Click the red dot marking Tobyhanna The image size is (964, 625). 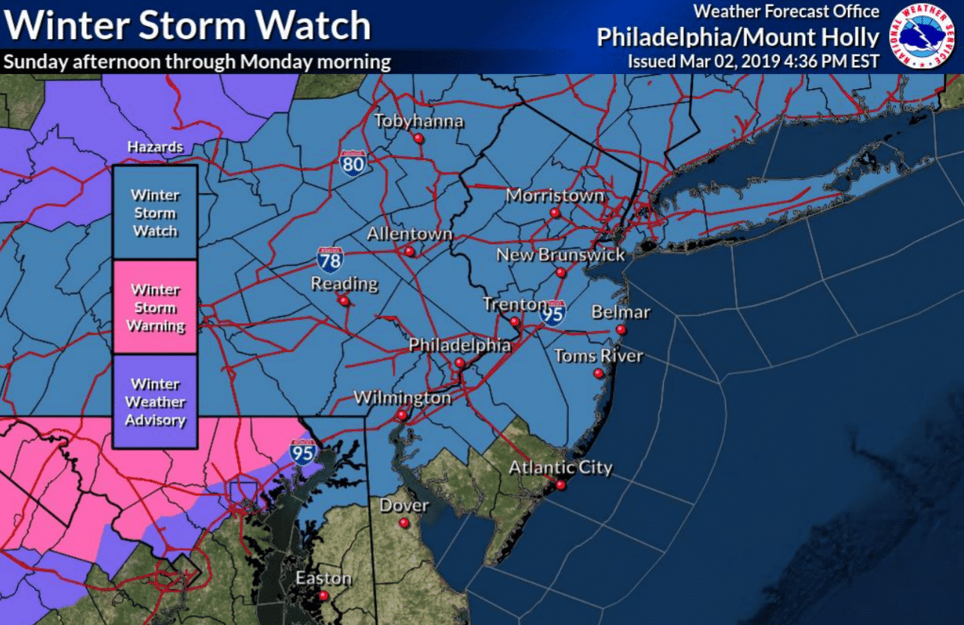(x=418, y=139)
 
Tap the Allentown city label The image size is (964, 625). (x=409, y=234)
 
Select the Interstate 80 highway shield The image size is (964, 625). (x=352, y=162)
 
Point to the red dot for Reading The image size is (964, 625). (x=343, y=302)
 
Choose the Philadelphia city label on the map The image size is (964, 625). (x=460, y=345)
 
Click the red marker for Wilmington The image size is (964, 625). (x=402, y=415)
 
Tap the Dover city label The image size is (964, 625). (x=404, y=505)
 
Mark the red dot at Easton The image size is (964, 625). (x=323, y=596)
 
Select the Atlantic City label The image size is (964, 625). (x=561, y=468)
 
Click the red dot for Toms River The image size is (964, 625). (x=598, y=374)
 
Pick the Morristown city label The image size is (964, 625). (x=555, y=195)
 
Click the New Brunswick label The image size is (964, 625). (x=561, y=255)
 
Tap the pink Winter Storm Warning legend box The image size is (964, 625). (x=155, y=307)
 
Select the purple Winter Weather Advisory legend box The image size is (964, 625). (x=155, y=401)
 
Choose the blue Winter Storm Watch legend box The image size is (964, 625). (x=155, y=213)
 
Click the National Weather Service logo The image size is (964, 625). (x=922, y=37)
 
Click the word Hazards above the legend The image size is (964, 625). (x=155, y=147)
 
